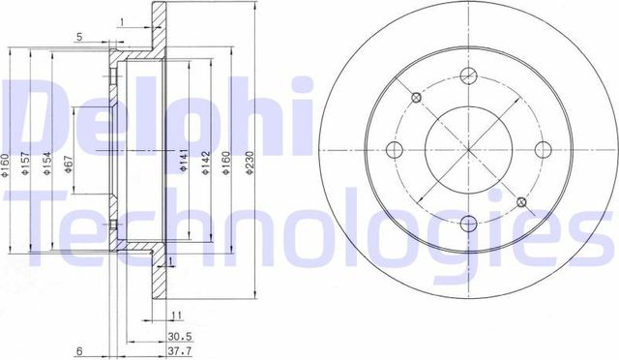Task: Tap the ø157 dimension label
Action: [27, 171]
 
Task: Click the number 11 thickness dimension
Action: [177, 315]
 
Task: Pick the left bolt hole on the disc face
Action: [396, 149]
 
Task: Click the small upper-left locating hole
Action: [416, 96]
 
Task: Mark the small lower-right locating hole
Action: [521, 201]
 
